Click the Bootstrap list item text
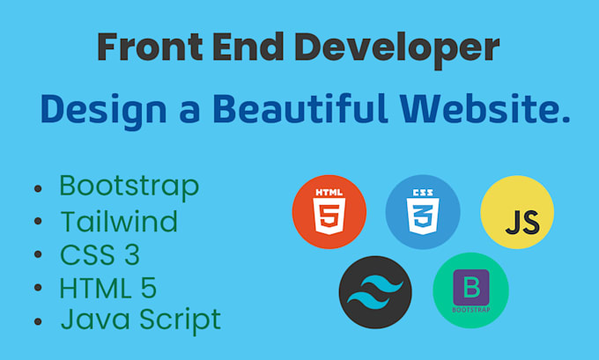click(129, 186)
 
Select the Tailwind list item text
click(119, 220)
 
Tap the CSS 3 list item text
click(100, 254)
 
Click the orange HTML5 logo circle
click(329, 211)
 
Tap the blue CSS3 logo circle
click(423, 212)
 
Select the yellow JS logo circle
click(517, 212)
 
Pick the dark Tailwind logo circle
click(376, 291)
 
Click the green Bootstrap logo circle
click(470, 290)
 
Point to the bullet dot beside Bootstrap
click(38, 190)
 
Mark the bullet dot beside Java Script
click(38, 321)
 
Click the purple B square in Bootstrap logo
click(470, 286)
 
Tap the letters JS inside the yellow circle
click(522, 220)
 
